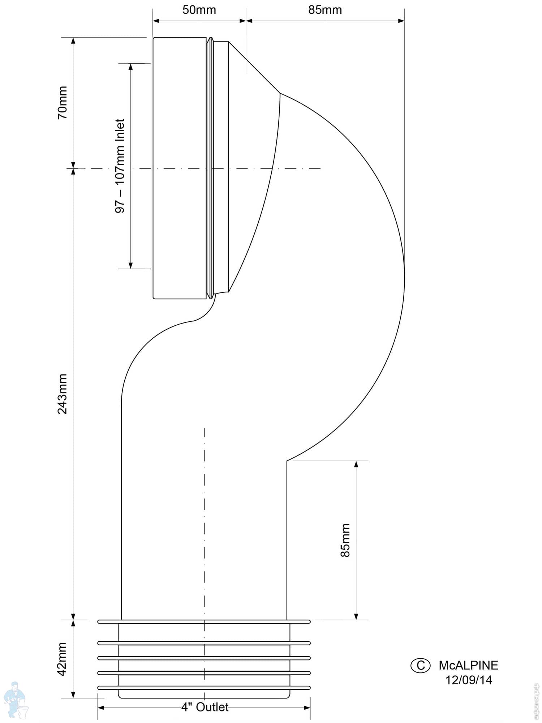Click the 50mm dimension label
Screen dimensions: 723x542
[199, 10]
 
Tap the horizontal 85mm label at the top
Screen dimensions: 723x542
[325, 10]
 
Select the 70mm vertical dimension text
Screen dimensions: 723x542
[63, 103]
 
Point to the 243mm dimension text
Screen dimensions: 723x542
[63, 394]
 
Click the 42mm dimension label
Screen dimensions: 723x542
[63, 659]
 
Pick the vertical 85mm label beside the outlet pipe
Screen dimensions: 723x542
[345, 540]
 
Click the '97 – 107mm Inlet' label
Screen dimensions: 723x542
[120, 166]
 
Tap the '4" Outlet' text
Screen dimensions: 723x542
[205, 707]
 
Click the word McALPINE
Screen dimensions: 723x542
[468, 665]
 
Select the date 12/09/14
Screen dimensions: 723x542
[468, 680]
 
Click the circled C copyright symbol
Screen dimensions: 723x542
[421, 666]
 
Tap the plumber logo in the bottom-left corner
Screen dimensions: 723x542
[16, 700]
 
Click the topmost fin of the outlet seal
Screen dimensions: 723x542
[204, 622]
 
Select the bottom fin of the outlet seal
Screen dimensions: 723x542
[204, 688]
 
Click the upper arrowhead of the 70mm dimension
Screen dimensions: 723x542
[73, 41]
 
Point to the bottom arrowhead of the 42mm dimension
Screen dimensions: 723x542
[73, 694]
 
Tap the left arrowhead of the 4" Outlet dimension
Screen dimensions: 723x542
[101, 707]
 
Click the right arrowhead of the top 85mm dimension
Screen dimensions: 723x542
[401, 21]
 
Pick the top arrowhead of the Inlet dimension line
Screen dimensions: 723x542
[130, 67]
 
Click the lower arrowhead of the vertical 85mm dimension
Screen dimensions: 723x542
[356, 616]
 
